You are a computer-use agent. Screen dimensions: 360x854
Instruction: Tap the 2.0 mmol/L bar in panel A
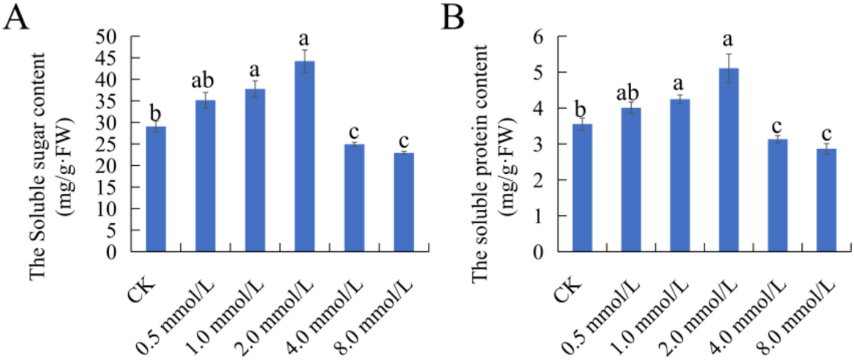point(304,156)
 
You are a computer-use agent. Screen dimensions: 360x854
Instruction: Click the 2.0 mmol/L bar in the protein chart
point(729,160)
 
